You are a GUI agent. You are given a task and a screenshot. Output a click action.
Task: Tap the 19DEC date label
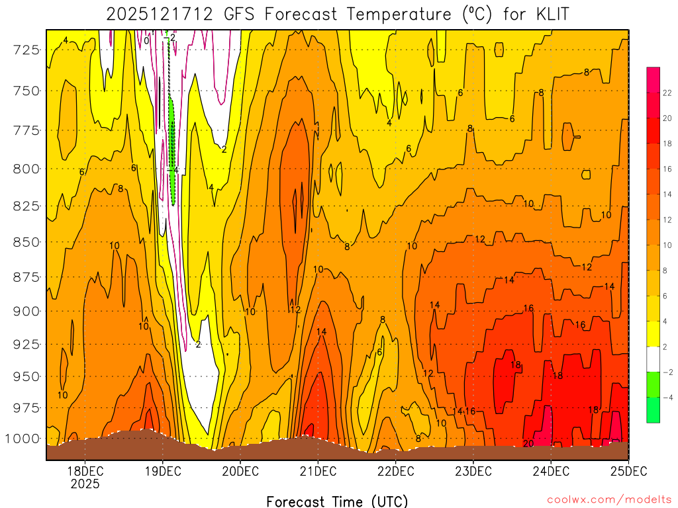pos(162,470)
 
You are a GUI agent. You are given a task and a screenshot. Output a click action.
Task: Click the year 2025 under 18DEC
pos(85,484)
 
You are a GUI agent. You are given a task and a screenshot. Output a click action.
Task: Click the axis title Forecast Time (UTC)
pos(337,501)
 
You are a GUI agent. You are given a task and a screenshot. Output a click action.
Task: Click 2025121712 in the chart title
pos(160,14)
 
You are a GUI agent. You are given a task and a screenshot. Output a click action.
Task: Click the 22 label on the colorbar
pos(667,93)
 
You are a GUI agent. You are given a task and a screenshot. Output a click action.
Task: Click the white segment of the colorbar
pos(653,359)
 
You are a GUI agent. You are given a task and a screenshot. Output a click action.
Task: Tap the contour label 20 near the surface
pos(528,443)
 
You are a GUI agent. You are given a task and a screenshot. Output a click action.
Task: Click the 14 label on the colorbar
pos(667,194)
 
